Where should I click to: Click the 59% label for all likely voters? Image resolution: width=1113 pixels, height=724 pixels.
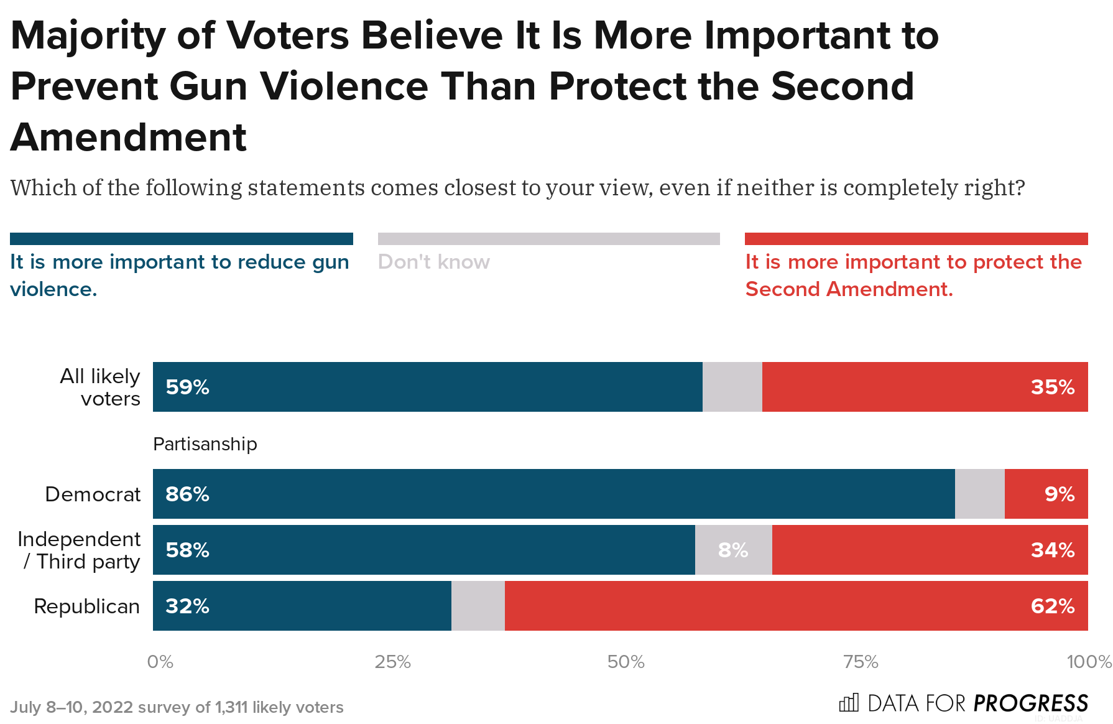point(187,387)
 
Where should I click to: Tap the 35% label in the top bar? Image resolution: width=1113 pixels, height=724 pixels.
point(1052,387)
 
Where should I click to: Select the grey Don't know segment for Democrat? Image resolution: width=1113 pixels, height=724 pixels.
point(979,494)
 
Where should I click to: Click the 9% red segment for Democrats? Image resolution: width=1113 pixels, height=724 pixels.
point(1046,494)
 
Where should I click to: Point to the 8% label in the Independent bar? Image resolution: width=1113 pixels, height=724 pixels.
point(733,550)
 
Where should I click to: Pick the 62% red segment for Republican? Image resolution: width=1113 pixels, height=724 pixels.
point(796,606)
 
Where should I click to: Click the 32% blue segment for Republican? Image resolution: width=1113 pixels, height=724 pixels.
point(302,606)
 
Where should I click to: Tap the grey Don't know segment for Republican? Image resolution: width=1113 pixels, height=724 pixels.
point(478,606)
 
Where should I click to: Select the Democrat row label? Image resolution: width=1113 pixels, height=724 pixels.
point(93,494)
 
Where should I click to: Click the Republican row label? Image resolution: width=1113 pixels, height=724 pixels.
point(86,606)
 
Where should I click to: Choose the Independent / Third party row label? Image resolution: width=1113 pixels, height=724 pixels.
point(79,550)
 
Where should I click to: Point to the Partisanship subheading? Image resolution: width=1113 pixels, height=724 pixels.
point(205,444)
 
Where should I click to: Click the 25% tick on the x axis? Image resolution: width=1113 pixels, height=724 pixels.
point(392,662)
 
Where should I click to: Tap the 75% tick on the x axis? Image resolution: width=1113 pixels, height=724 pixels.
point(861,662)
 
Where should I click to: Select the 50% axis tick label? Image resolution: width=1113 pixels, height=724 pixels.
point(626,662)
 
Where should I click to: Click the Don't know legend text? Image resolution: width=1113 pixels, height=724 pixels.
point(433,262)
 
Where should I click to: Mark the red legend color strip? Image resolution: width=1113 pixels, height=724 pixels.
point(916,239)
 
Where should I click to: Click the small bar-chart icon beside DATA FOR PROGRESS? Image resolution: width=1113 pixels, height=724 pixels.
point(849,703)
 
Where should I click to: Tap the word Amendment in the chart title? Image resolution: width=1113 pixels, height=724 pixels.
point(129,137)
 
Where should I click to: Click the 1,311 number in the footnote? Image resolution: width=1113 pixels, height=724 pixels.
point(231,707)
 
